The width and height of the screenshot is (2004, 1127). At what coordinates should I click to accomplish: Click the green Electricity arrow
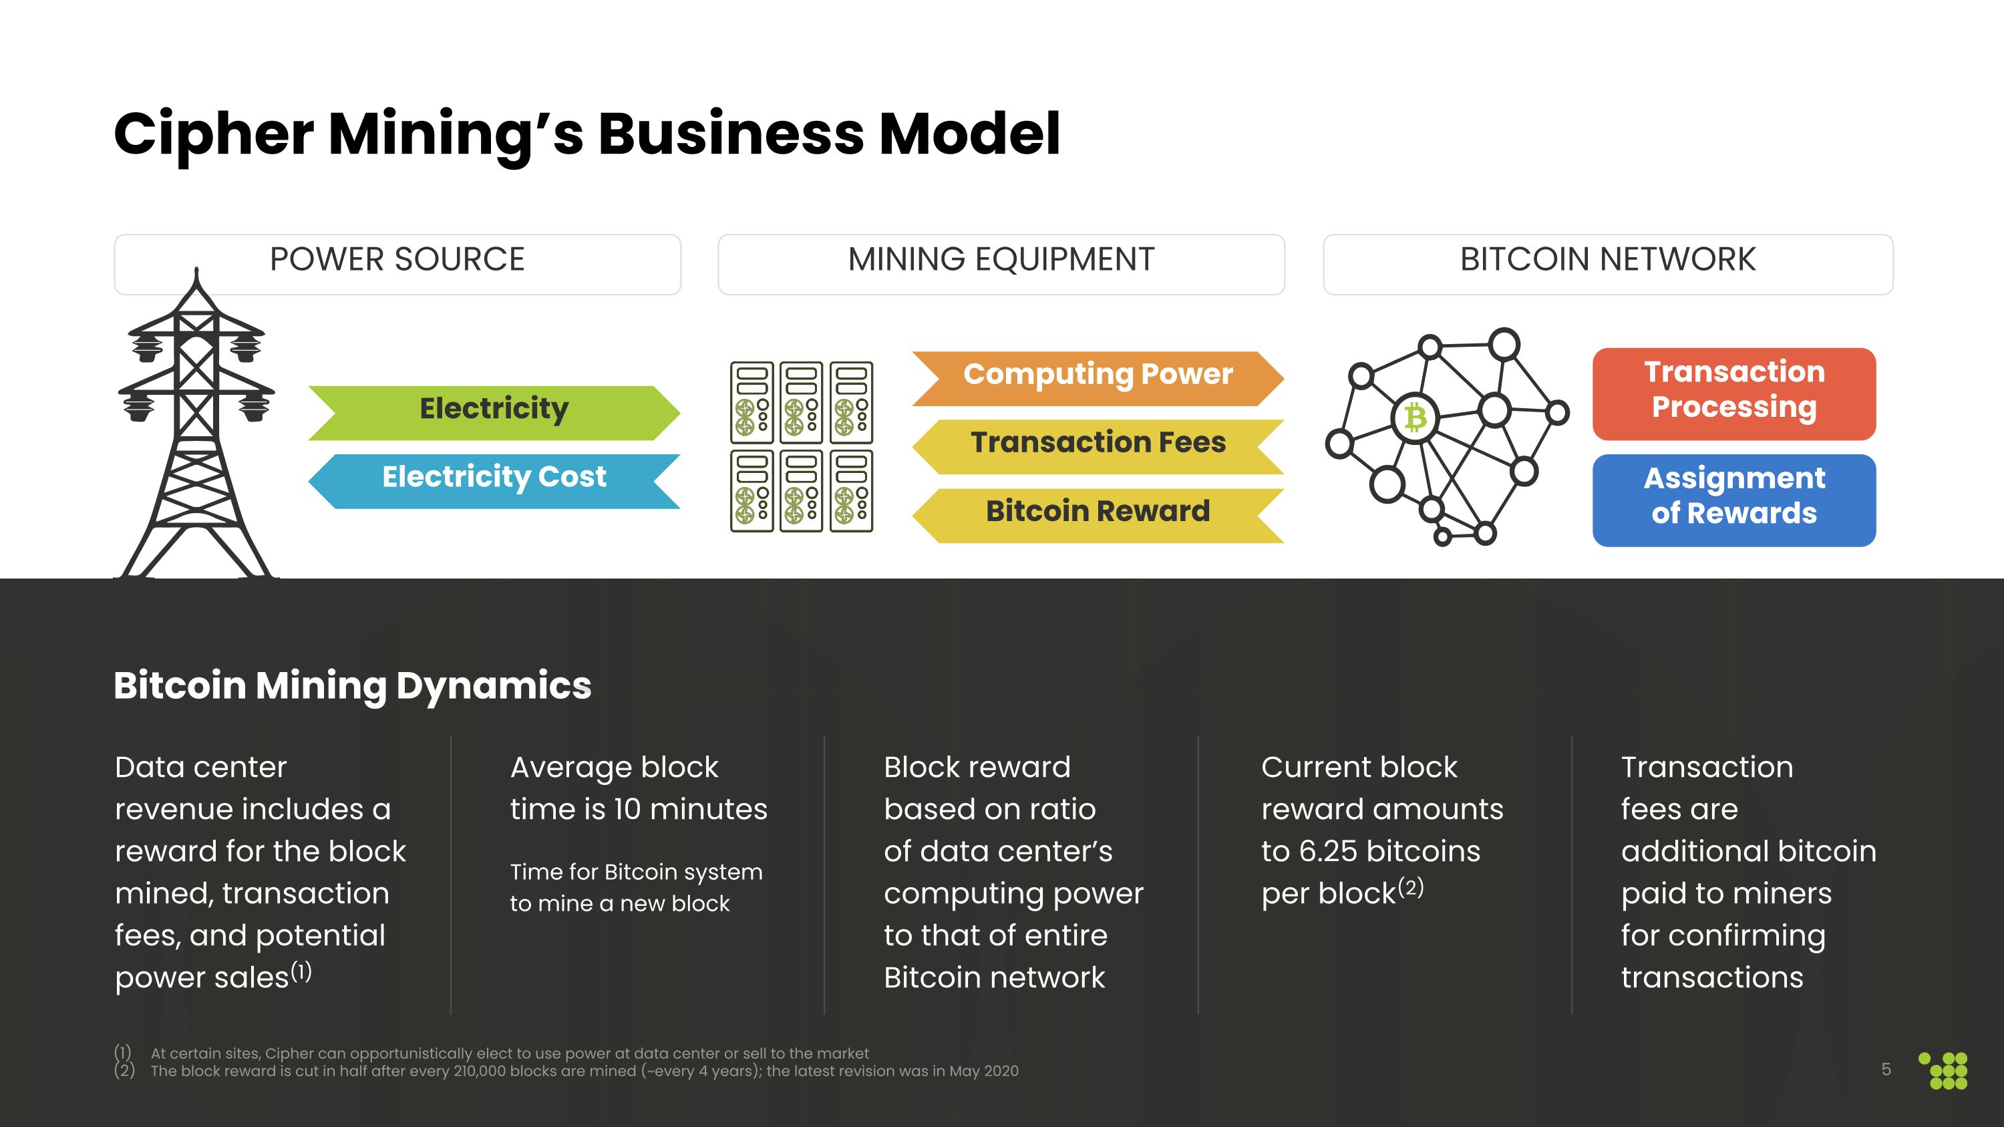tap(494, 412)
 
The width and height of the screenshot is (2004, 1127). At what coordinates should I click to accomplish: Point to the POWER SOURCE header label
tap(397, 261)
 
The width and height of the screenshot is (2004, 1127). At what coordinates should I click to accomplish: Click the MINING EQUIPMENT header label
tap(1001, 261)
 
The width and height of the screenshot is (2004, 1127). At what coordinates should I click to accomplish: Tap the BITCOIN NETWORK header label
tap(1607, 261)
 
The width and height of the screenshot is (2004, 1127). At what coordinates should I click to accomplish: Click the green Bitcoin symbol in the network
tap(1414, 418)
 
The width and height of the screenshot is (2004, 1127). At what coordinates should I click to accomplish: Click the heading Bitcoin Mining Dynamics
tap(353, 686)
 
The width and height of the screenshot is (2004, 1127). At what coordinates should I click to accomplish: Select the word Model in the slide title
tap(969, 134)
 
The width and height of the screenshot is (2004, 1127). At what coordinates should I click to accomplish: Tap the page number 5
tap(1886, 1070)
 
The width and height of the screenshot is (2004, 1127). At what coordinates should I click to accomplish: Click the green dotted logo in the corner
tap(1945, 1071)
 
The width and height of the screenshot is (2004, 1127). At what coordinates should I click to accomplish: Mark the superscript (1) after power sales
tap(301, 971)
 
